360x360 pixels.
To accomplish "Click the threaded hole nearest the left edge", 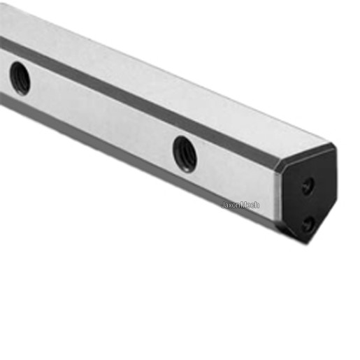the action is pyautogui.click(x=20, y=78).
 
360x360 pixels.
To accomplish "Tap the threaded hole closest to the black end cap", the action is pyautogui.click(x=185, y=154).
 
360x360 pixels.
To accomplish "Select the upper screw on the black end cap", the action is pyautogui.click(x=308, y=186).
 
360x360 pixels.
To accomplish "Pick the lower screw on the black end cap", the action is pyautogui.click(x=308, y=224).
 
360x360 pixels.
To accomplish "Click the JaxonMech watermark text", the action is pyautogui.click(x=240, y=205).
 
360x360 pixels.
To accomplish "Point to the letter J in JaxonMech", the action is pyautogui.click(x=223, y=205).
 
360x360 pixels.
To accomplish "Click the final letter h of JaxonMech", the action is pyautogui.click(x=257, y=205).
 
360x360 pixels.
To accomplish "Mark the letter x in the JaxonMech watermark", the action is pyautogui.click(x=231, y=206).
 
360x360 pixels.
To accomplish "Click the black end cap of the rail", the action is pyautogui.click(x=308, y=196).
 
